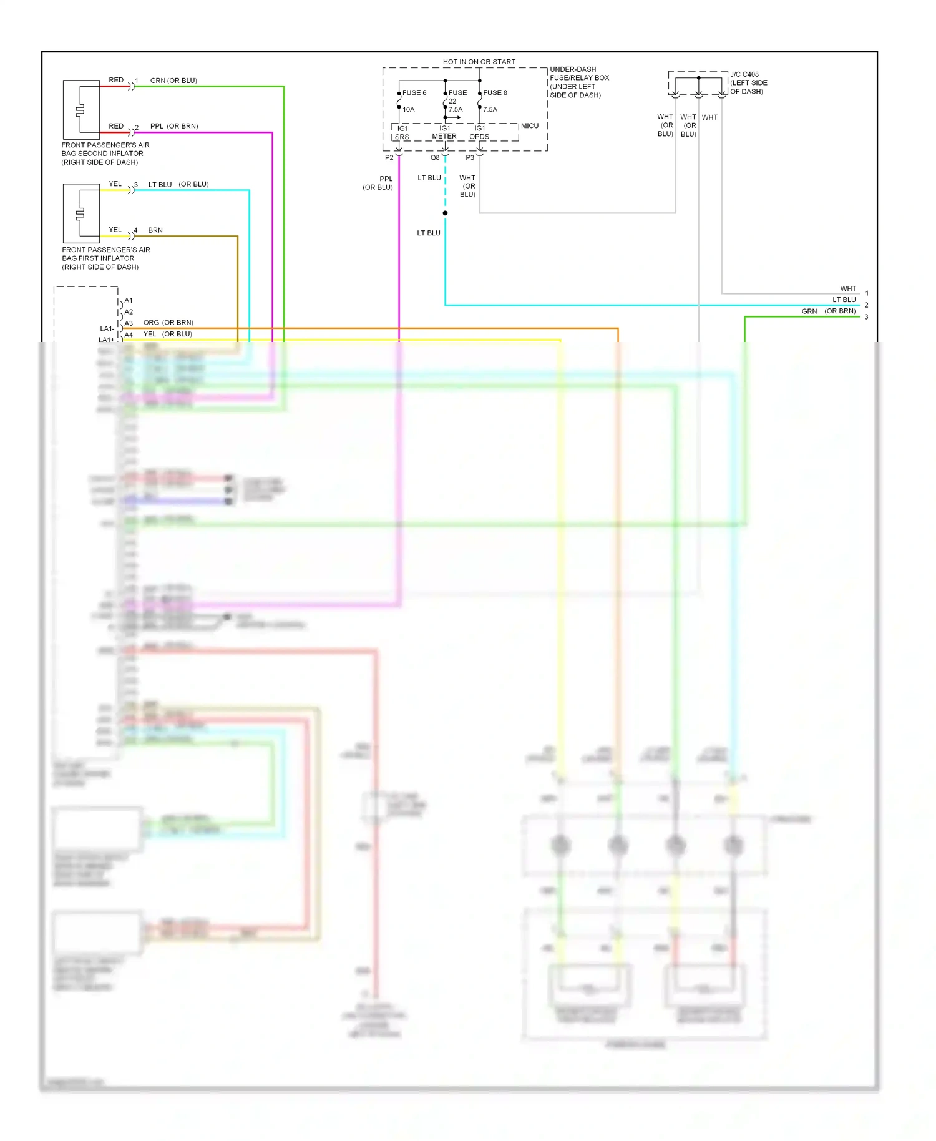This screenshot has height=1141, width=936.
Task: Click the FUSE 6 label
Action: click(414, 93)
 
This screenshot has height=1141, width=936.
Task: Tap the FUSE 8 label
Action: click(495, 93)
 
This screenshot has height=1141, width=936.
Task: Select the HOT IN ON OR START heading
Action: click(479, 62)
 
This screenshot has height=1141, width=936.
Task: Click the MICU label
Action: click(529, 126)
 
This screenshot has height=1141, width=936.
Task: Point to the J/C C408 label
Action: click(744, 74)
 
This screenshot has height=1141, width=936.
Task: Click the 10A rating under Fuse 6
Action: click(409, 110)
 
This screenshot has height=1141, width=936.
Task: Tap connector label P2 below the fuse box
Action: click(389, 158)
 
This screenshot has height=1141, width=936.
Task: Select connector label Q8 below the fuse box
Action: click(435, 158)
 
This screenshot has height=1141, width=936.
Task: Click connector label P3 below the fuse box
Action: click(470, 158)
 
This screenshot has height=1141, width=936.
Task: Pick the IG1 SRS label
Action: click(402, 133)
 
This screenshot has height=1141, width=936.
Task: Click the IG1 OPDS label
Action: click(479, 133)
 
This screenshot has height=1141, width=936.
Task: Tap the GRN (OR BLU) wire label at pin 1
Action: click(173, 81)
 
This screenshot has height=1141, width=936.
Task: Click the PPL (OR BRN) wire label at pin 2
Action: click(174, 126)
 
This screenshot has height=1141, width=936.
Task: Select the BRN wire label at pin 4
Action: click(155, 230)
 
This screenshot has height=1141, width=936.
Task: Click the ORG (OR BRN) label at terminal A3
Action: click(168, 323)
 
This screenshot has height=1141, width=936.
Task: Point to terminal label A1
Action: click(129, 301)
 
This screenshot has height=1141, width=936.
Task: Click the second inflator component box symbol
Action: click(81, 110)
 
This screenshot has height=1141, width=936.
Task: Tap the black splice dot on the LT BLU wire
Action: click(445, 213)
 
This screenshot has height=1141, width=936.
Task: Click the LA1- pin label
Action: click(107, 329)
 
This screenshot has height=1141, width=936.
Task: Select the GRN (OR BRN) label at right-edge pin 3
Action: click(828, 311)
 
